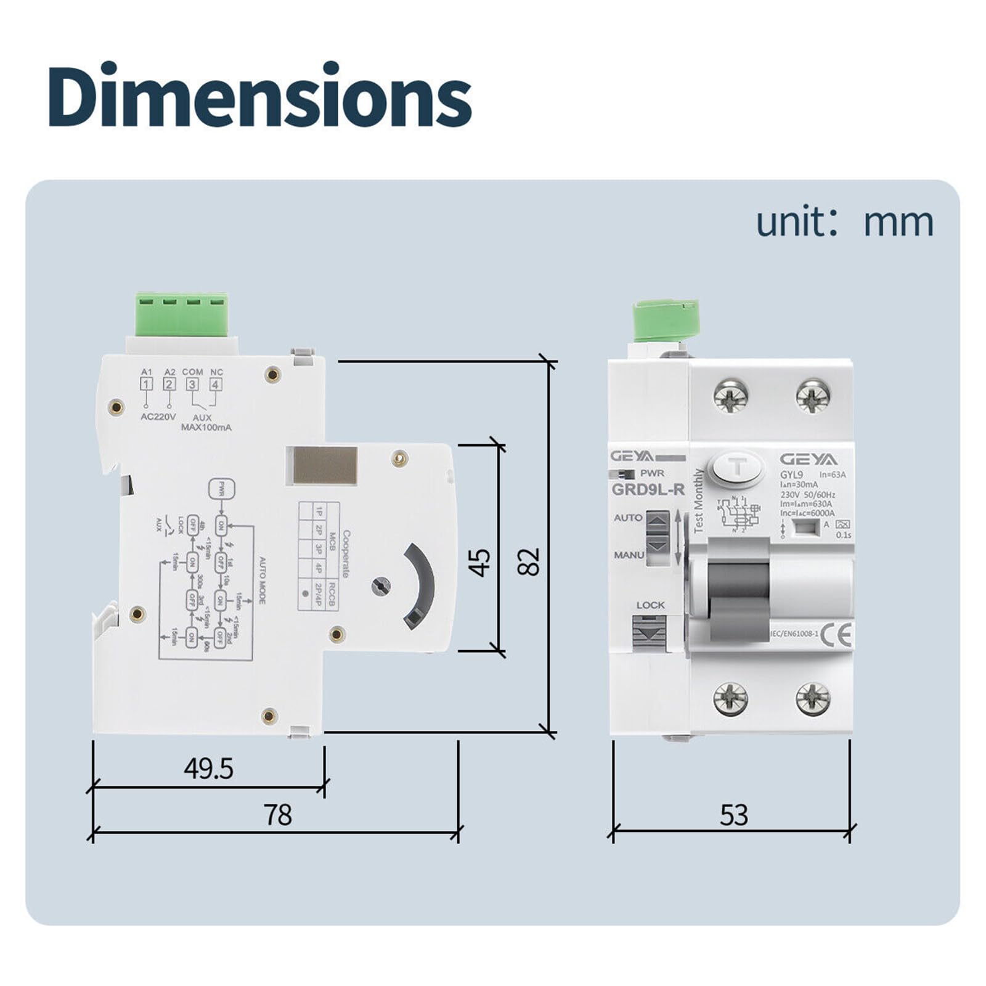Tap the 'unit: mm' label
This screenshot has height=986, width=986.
pyautogui.click(x=844, y=222)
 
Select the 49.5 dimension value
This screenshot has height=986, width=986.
pyautogui.click(x=208, y=768)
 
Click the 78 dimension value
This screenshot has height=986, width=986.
pyautogui.click(x=277, y=815)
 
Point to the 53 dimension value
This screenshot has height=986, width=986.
pyautogui.click(x=733, y=815)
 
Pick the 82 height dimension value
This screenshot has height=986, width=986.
pyautogui.click(x=529, y=561)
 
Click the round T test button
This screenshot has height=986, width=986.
pyautogui.click(x=738, y=467)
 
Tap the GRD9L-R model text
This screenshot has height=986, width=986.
pyautogui.click(x=648, y=490)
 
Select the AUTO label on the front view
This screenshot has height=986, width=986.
pyautogui.click(x=628, y=518)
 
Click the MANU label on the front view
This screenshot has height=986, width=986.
pyautogui.click(x=629, y=555)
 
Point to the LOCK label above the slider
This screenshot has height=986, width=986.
pyautogui.click(x=650, y=605)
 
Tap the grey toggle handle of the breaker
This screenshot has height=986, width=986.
pyautogui.click(x=738, y=589)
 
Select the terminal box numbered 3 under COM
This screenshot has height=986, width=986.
pyautogui.click(x=192, y=385)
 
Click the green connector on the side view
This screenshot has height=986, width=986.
pyautogui.click(x=182, y=314)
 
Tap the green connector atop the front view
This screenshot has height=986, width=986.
pyautogui.click(x=666, y=320)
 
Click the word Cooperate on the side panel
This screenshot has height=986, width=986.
pyautogui.click(x=346, y=554)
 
